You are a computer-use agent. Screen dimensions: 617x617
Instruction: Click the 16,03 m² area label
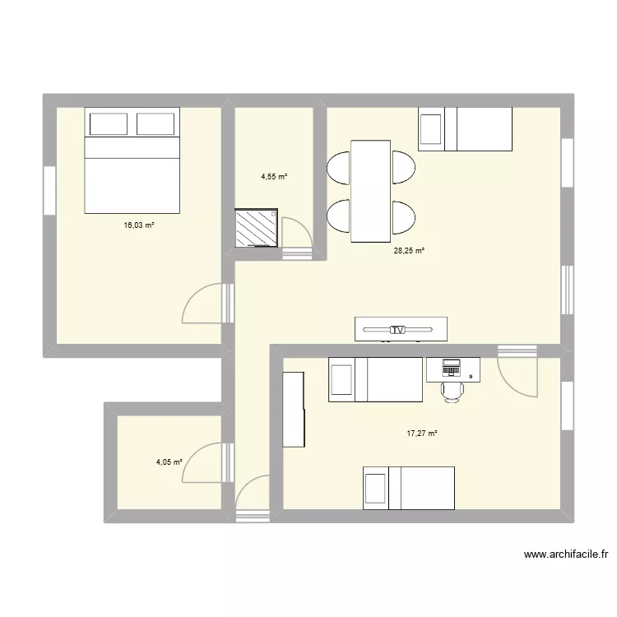click(139, 225)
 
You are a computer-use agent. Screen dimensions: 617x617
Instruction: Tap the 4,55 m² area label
click(275, 176)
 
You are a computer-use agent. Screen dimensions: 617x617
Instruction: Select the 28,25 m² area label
click(409, 251)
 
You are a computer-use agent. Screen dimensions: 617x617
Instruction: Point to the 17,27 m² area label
click(422, 434)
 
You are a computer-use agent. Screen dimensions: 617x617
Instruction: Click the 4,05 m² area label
click(169, 462)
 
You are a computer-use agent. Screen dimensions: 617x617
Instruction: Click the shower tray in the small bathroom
click(256, 227)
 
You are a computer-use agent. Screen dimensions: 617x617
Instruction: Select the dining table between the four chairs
click(370, 191)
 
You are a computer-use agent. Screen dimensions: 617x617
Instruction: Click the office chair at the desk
click(452, 389)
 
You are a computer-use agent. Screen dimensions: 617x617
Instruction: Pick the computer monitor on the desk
click(451, 364)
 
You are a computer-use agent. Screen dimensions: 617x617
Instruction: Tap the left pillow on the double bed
click(108, 124)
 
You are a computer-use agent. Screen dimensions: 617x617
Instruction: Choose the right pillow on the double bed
click(155, 124)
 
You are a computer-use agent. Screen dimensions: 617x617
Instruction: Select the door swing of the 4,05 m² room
click(202, 465)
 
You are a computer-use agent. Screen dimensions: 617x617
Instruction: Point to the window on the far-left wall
click(49, 192)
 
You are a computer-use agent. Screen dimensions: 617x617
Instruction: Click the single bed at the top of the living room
click(465, 129)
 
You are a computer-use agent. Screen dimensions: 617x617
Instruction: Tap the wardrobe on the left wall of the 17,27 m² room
click(294, 410)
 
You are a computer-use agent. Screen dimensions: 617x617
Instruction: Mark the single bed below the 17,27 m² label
click(409, 489)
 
